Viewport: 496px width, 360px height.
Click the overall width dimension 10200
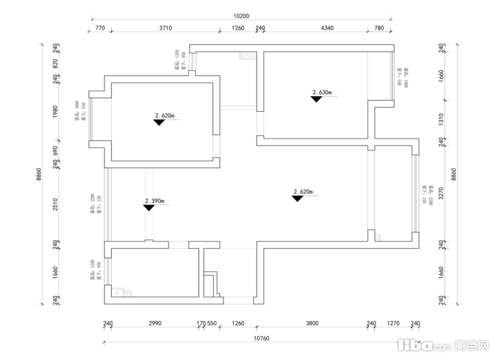241,16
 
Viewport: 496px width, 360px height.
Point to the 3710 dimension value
165,28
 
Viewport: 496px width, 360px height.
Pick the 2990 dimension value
154,324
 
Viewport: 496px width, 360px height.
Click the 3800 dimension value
312,324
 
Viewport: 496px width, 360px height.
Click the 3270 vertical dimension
441,193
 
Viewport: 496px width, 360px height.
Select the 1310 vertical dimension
441,119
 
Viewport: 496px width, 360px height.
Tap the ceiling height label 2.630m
322,93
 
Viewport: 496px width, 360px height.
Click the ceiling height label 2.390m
154,201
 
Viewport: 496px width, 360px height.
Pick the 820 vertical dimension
56,64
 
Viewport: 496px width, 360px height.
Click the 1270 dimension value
393,324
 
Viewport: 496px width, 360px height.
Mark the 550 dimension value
212,324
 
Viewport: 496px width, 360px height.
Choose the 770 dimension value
100,28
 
